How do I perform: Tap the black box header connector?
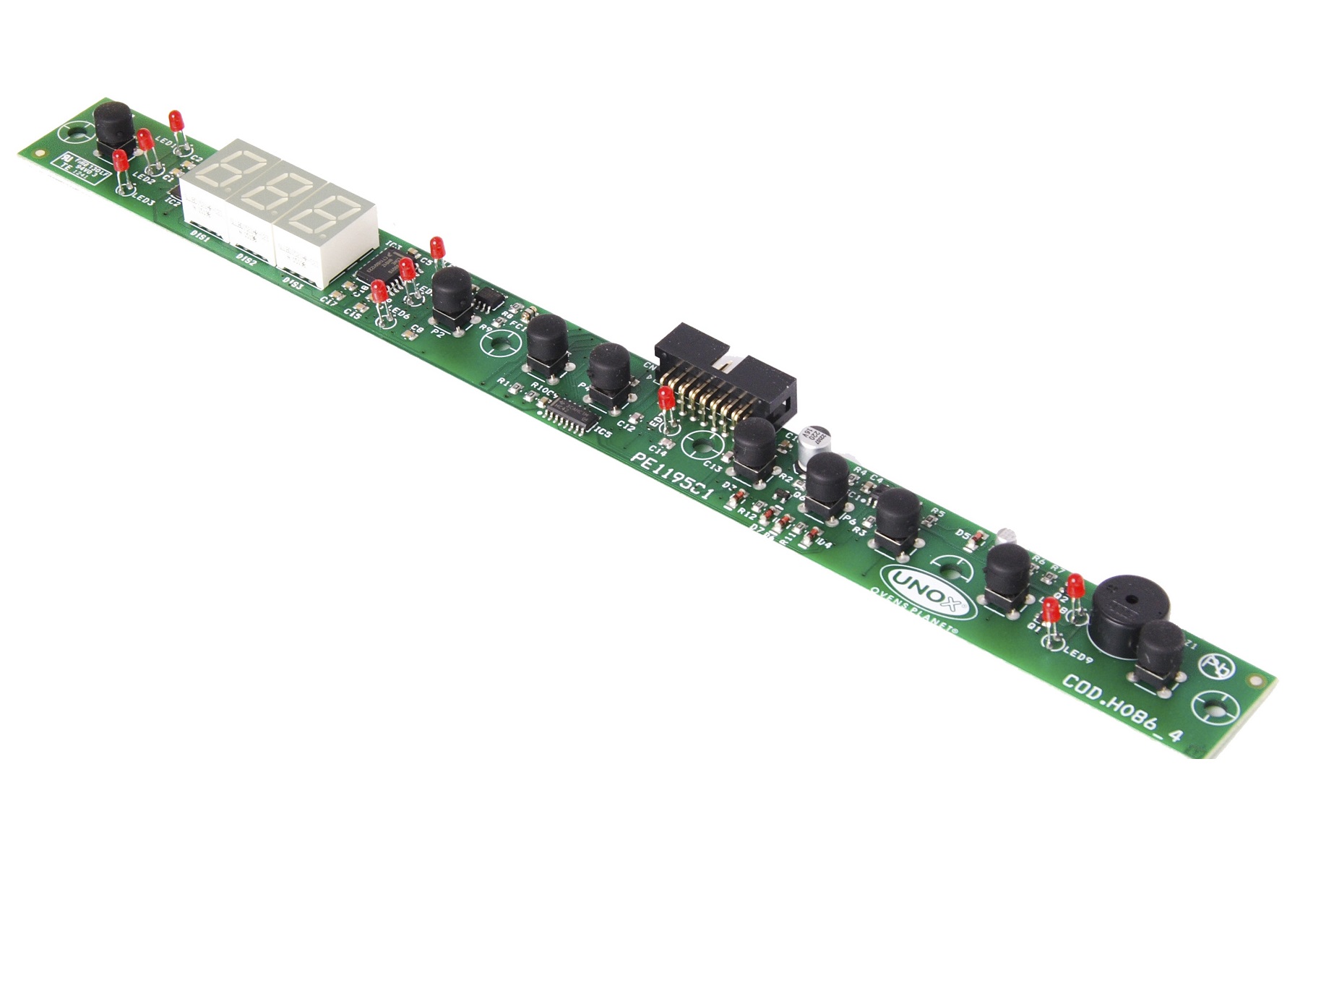pyautogui.click(x=725, y=376)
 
